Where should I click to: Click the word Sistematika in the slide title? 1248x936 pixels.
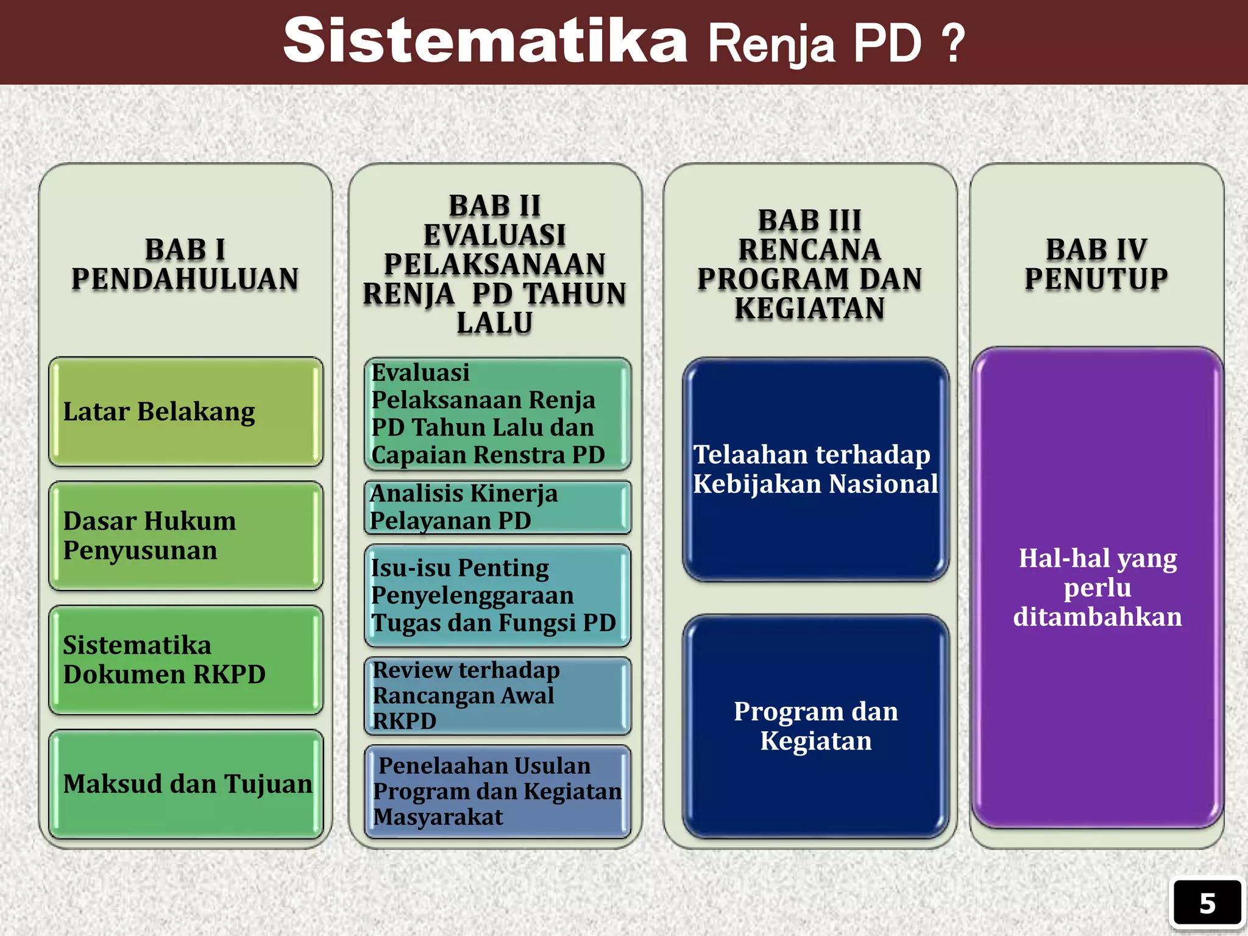coord(485,41)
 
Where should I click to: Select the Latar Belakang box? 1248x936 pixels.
coord(186,412)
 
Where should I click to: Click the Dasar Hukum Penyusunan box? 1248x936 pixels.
coord(186,536)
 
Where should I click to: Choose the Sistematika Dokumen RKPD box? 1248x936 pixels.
coord(186,660)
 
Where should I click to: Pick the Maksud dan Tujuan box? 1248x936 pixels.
coord(186,784)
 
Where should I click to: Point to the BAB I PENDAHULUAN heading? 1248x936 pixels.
coord(185,264)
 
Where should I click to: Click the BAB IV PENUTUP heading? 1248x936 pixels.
coord(1096,264)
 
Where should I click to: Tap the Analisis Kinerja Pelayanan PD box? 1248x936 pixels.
coord(497,507)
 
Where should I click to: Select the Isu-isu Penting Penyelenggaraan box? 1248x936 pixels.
coord(497,595)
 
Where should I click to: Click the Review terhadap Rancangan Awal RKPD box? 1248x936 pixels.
coord(497,695)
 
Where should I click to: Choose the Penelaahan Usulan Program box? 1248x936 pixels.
coord(497,791)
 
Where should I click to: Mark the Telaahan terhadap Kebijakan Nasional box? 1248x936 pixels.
coord(815,469)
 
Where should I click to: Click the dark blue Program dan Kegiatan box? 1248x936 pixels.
coord(815,726)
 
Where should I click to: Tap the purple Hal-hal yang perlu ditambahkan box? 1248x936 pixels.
coord(1097,587)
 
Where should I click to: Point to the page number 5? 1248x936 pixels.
coord(1207,903)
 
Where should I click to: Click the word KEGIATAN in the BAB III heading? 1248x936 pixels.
coord(809,308)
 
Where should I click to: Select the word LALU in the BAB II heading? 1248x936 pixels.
coord(495,323)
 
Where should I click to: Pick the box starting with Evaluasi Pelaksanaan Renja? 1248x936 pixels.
coord(497,414)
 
